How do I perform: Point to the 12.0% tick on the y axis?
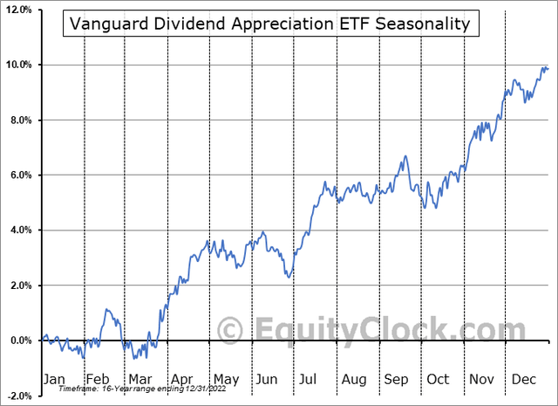[18, 10]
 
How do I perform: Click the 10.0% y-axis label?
[18, 65]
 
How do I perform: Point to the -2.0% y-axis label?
[18, 396]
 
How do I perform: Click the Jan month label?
[54, 379]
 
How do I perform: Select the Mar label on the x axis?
[139, 379]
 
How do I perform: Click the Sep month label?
[396, 379]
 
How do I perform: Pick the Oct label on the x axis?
[438, 379]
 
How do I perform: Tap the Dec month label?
[523, 379]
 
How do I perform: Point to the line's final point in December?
[548, 68]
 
